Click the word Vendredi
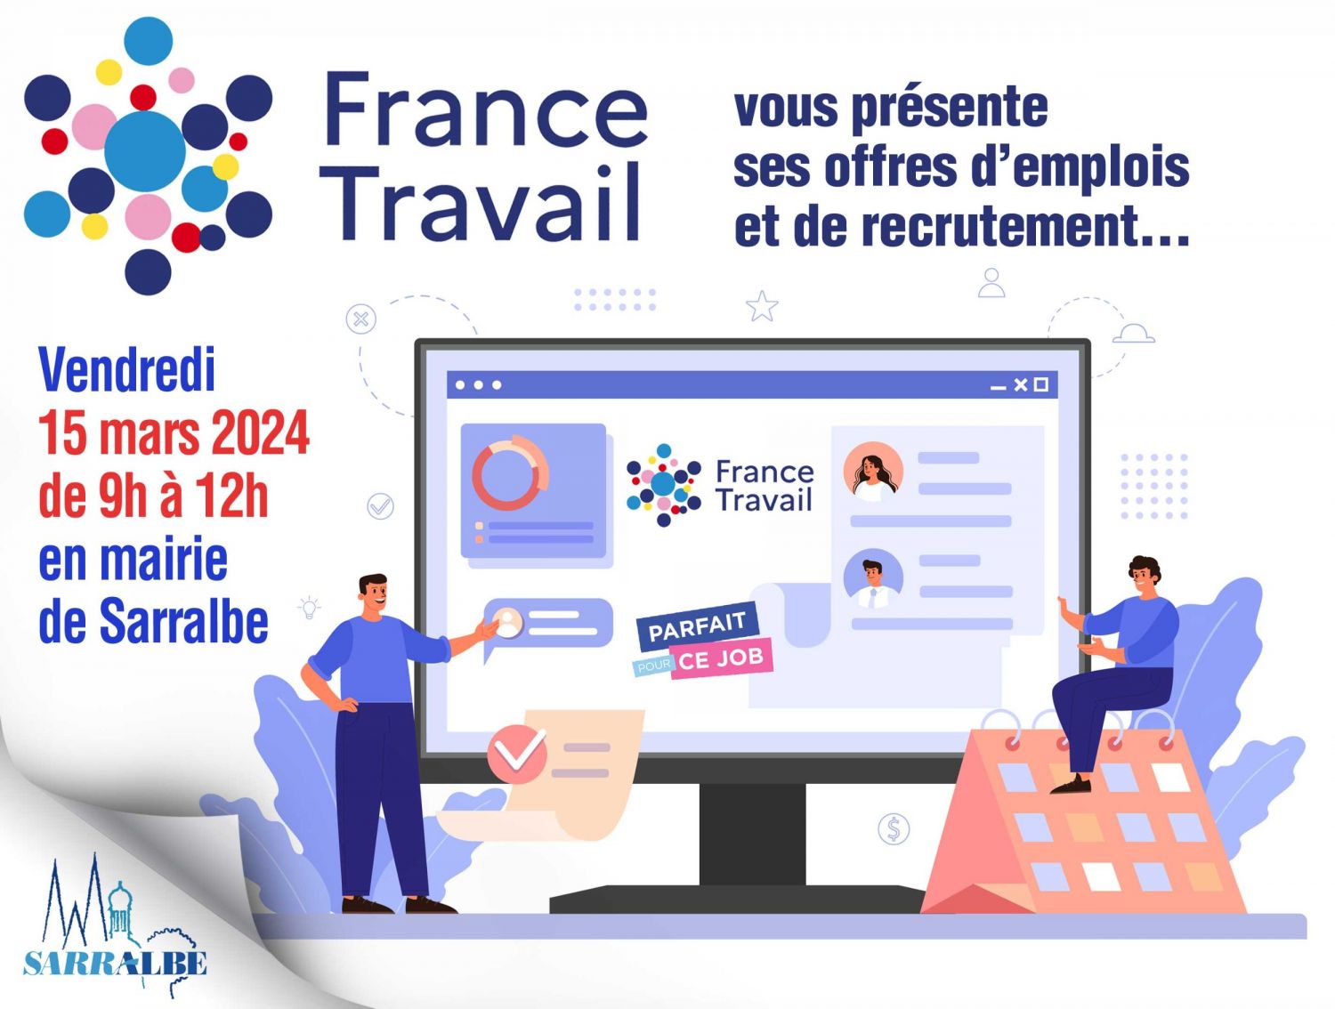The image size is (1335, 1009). point(126,369)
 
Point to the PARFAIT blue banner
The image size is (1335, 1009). point(697,626)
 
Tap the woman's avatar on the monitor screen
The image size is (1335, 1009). point(873,472)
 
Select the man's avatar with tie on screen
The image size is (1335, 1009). point(873,578)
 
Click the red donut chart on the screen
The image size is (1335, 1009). point(510,472)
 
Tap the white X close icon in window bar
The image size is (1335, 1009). point(1020,384)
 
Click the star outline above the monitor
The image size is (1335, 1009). point(762,306)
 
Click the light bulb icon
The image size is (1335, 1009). point(309,607)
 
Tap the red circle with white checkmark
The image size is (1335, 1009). point(517,754)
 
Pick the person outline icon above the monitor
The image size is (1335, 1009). point(991,283)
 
